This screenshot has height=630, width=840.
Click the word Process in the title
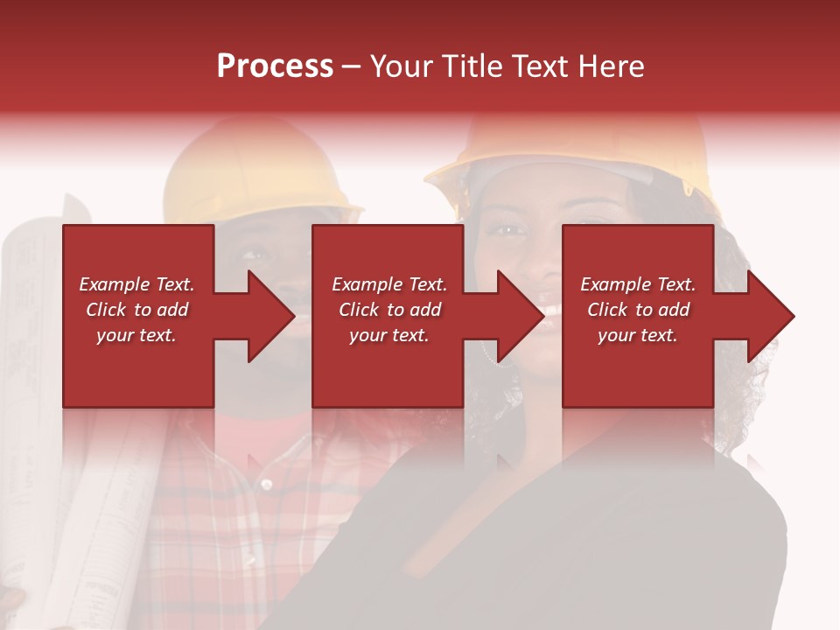275,66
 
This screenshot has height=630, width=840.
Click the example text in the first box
136,310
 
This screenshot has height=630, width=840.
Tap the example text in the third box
638,310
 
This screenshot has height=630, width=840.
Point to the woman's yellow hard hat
577,144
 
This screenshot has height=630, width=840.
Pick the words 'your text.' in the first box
136,335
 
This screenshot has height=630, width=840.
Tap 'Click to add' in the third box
638,310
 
